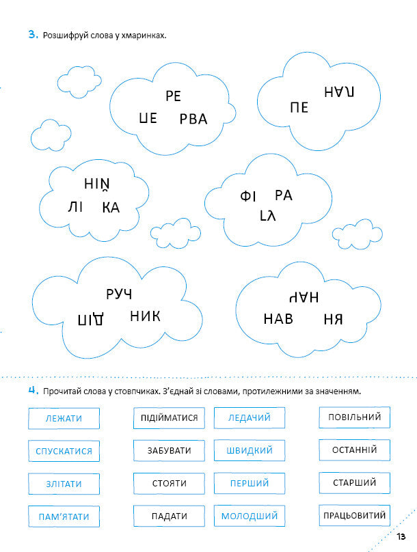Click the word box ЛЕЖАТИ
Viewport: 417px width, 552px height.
[x=64, y=418]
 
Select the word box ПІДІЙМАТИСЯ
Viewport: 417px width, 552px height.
[x=169, y=418]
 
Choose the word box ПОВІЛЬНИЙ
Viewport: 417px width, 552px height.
[x=354, y=417]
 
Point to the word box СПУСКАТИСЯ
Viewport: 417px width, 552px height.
[x=64, y=451]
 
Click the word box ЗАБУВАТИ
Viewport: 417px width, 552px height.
[x=169, y=451]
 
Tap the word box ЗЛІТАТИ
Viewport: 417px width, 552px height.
[x=64, y=484]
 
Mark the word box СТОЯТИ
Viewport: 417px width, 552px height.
[x=169, y=484]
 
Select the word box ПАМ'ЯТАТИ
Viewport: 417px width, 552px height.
[x=64, y=516]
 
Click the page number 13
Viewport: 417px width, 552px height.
[x=401, y=535]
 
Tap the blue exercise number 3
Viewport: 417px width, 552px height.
[x=32, y=34]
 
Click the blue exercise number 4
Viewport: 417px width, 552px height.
[x=32, y=390]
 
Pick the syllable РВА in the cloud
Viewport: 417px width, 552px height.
[x=193, y=120]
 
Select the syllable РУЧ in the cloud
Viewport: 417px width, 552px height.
[x=119, y=294]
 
